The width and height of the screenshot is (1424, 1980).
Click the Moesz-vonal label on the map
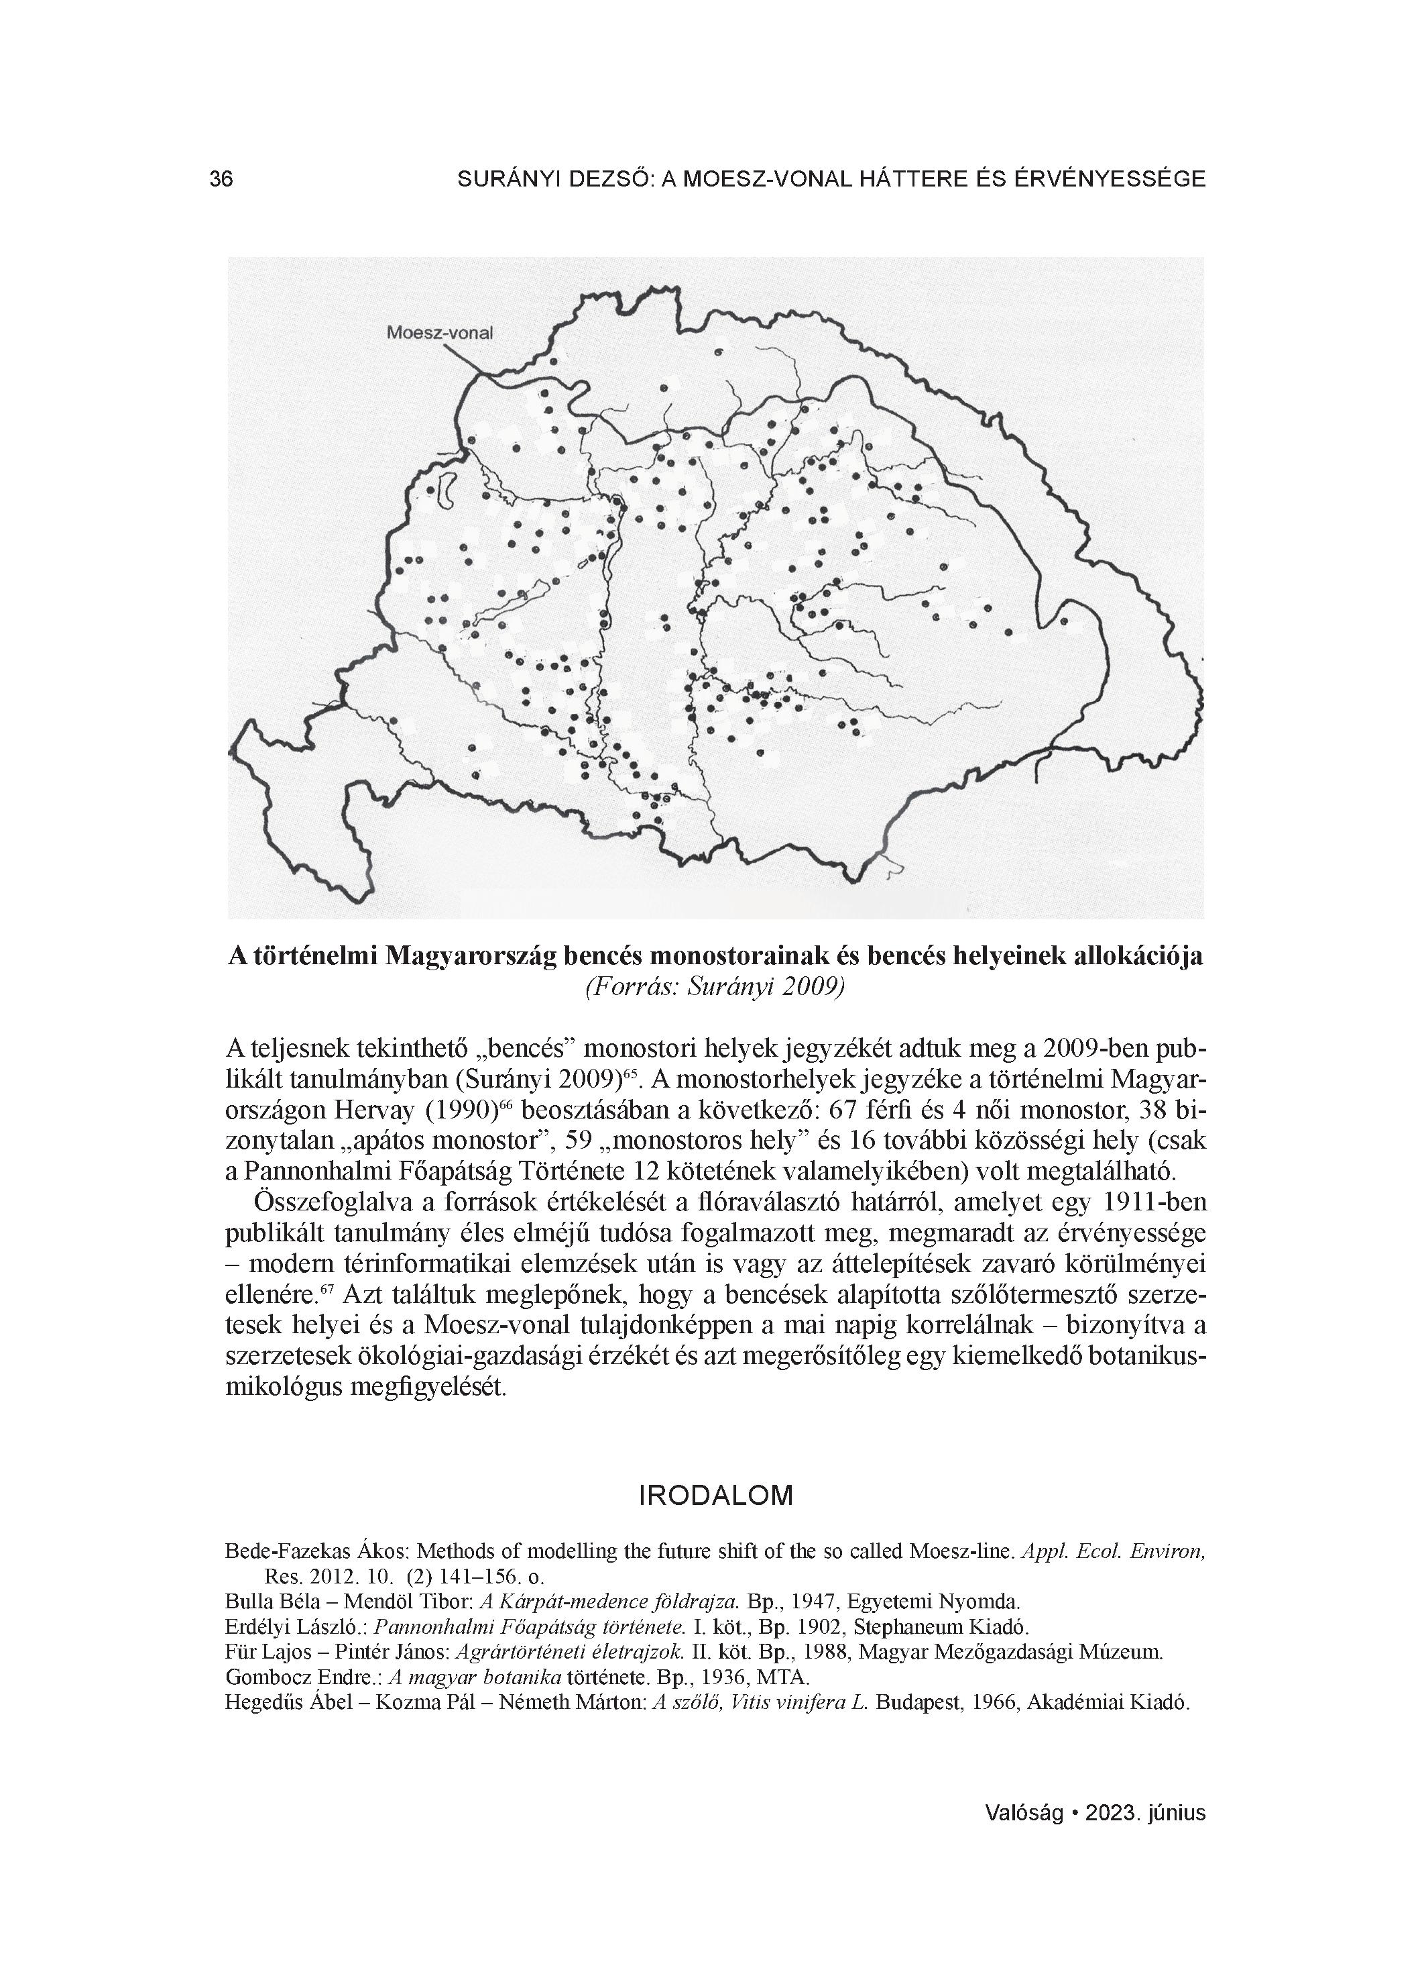click(x=440, y=333)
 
